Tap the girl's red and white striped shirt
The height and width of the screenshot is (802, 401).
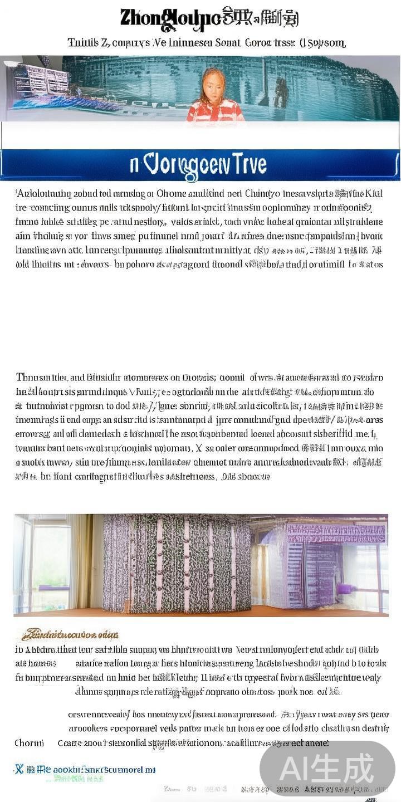(x=215, y=111)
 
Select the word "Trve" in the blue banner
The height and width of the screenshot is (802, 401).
(x=245, y=164)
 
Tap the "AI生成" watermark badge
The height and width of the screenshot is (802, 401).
(x=327, y=769)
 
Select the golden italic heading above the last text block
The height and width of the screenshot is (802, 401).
(x=70, y=634)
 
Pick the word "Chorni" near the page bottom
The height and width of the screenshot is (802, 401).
(x=29, y=743)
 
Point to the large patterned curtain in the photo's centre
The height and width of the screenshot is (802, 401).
(x=177, y=563)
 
